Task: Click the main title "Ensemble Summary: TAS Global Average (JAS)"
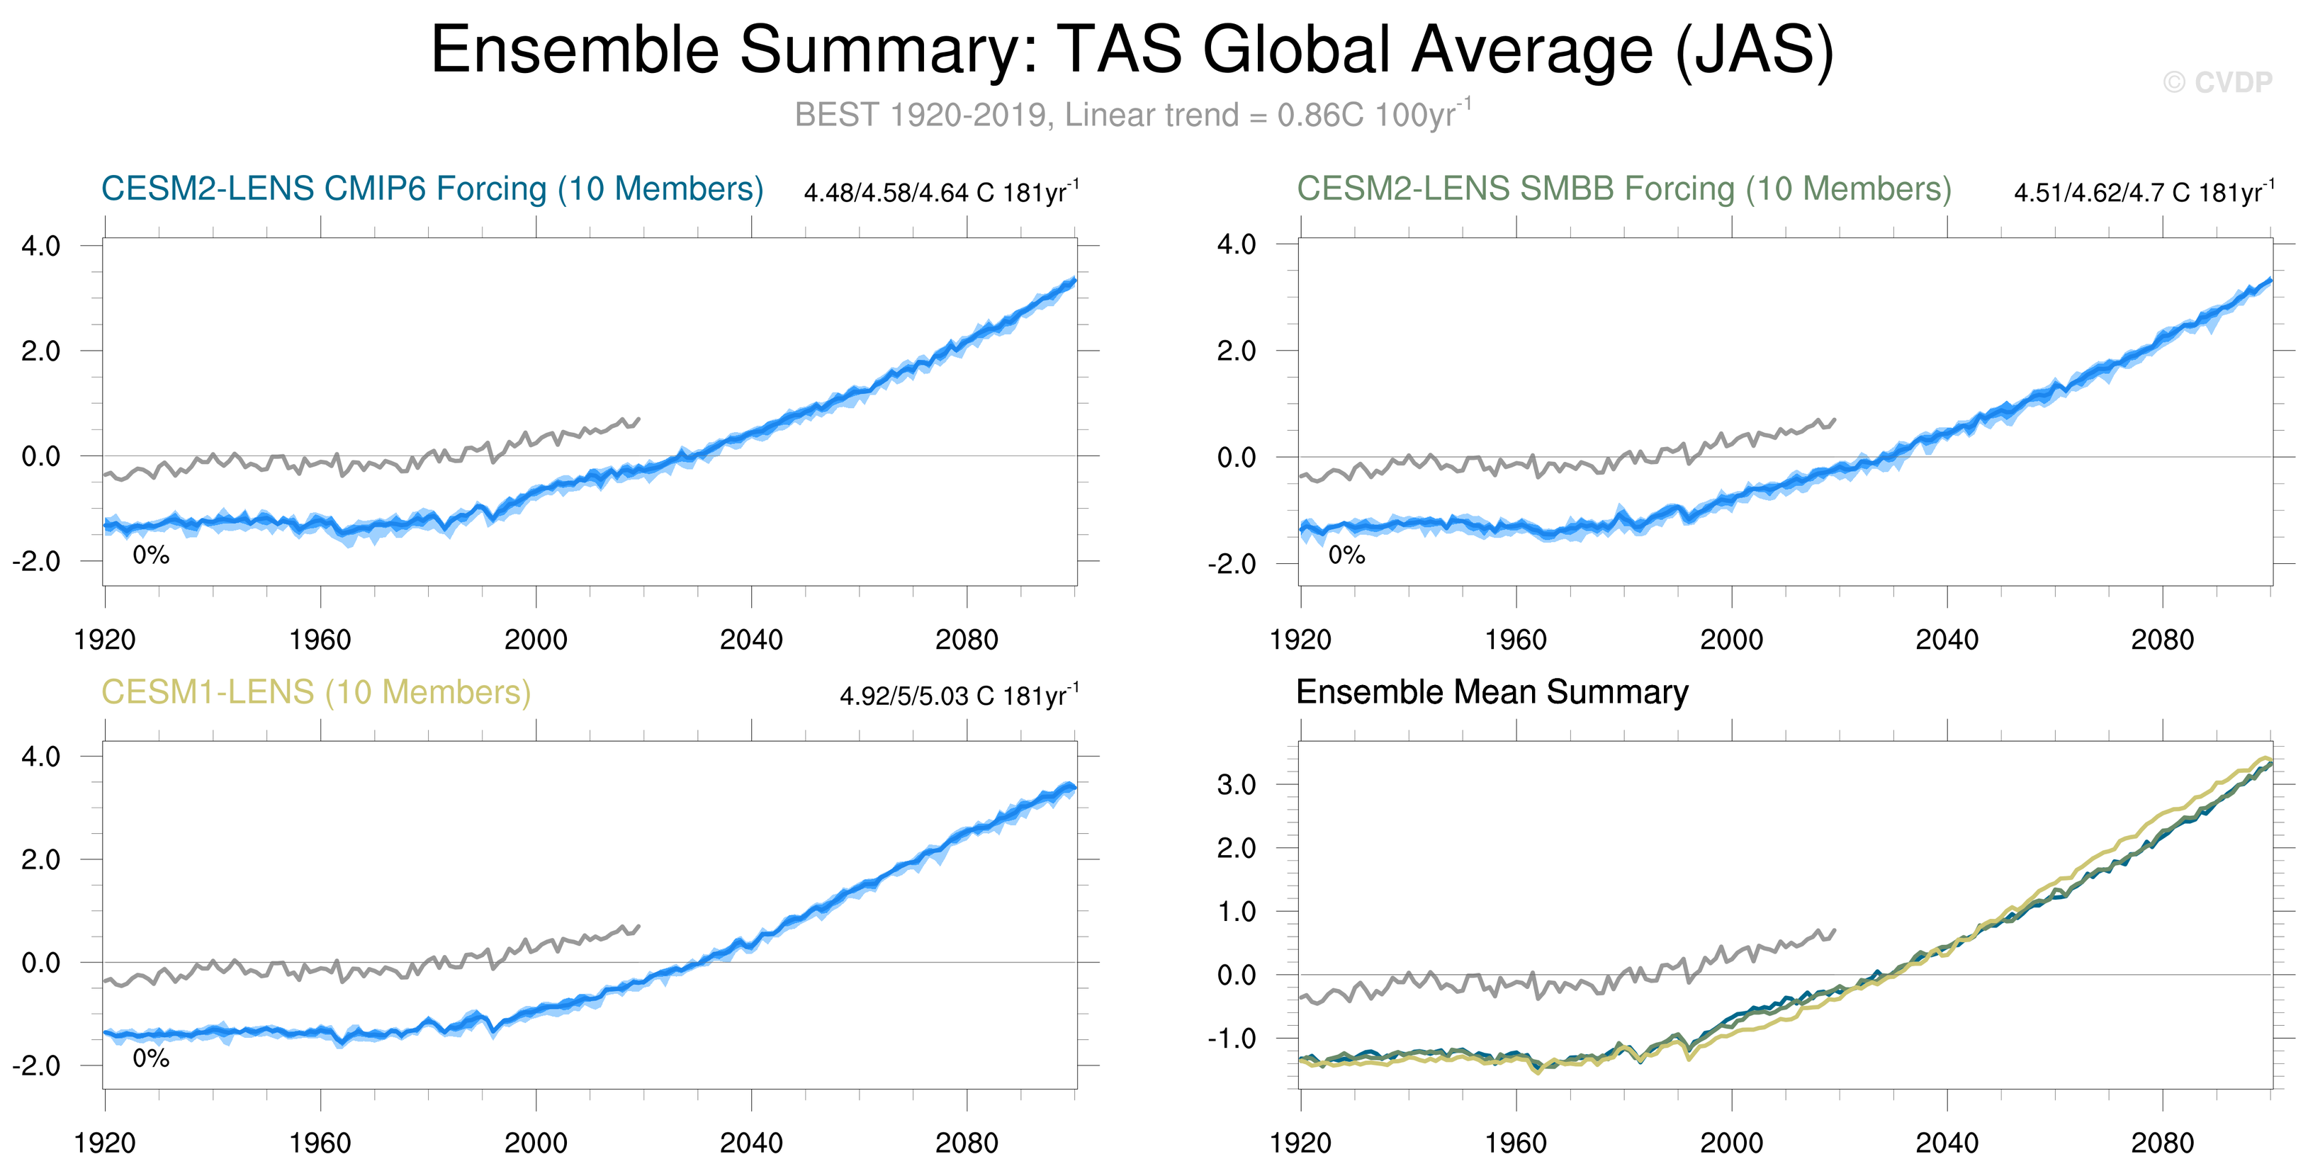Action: (1132, 50)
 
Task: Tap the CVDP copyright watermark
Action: (2217, 82)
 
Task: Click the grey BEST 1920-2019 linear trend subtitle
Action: (1132, 115)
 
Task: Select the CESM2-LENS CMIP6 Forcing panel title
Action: (432, 189)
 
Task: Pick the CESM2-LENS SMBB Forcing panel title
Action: (1623, 189)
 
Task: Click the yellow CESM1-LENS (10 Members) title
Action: (315, 692)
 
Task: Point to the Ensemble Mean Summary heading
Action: (1492, 692)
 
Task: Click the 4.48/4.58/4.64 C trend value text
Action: (941, 193)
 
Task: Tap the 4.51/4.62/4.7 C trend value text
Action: (2143, 193)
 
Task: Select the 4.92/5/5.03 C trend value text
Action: (959, 696)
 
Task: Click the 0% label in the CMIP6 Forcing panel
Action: (150, 555)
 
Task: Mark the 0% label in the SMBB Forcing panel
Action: (1346, 555)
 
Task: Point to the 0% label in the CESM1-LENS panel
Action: (150, 1058)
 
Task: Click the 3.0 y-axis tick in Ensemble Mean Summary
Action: (1237, 785)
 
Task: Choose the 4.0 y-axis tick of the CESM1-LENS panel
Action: (40, 756)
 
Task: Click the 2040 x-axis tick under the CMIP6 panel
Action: (751, 640)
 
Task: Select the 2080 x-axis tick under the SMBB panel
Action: (2162, 640)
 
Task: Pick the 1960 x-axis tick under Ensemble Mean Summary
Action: (1516, 1143)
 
